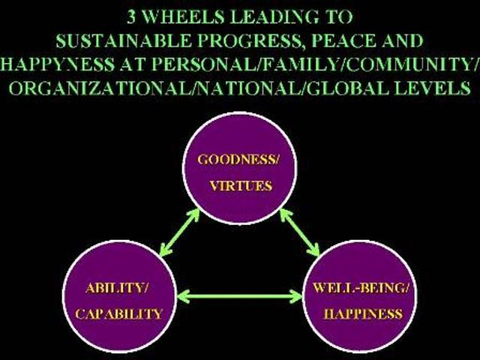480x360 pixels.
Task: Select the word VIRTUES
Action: [241, 186]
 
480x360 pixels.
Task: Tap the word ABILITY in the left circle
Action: [114, 288]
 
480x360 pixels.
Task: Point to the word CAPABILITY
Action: [119, 314]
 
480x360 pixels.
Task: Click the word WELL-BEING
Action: [358, 288]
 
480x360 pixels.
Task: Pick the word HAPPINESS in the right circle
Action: [363, 314]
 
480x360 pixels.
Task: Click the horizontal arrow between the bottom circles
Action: [240, 296]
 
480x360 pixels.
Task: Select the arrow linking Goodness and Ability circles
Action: [179, 232]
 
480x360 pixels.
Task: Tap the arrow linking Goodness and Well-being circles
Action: [300, 232]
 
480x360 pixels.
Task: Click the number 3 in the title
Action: [131, 16]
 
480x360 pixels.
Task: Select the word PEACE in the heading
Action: [343, 40]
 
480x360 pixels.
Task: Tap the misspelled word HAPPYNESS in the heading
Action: [58, 64]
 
